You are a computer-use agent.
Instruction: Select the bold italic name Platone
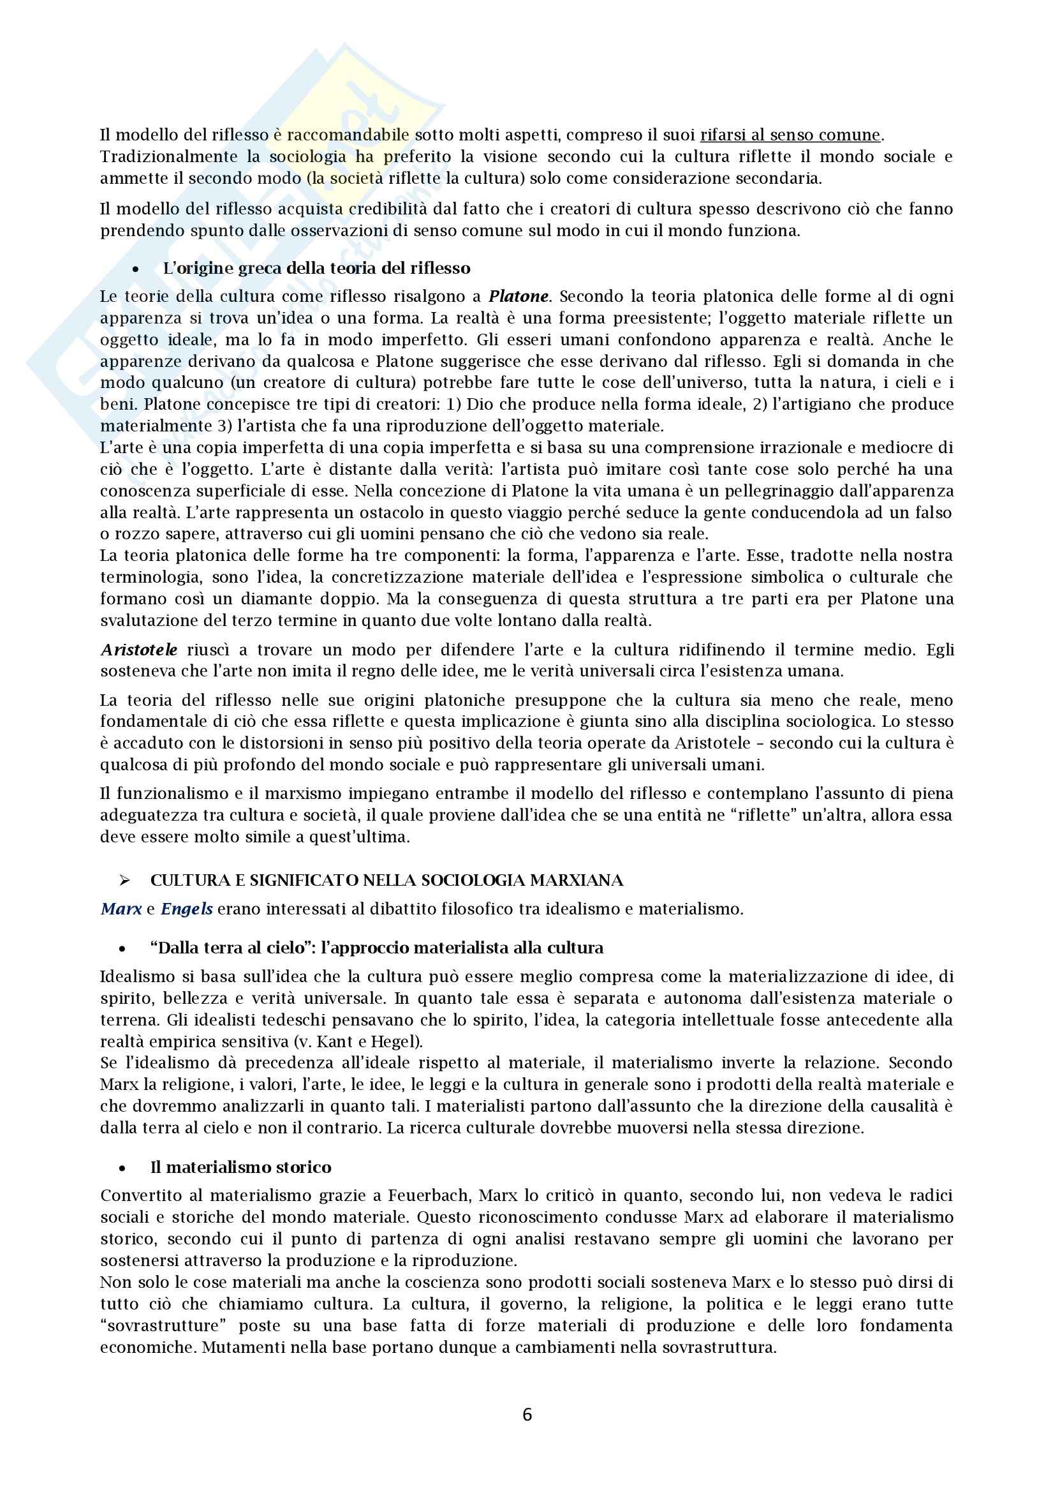pos(519,296)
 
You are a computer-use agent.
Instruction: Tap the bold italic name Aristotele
pos(139,650)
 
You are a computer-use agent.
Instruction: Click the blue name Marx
pos(121,909)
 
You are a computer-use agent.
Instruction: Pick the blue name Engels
pos(186,909)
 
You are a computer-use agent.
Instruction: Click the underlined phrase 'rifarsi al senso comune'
pos(790,135)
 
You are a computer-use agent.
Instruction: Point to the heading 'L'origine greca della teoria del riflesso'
pos(316,269)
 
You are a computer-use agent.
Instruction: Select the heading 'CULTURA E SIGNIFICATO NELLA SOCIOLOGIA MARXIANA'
pos(387,881)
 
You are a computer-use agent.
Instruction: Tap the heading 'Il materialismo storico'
pos(241,1167)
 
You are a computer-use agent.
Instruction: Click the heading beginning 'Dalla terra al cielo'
pos(377,948)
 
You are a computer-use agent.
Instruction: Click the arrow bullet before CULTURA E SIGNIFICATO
pos(125,881)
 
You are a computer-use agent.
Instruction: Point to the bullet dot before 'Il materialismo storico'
pos(122,1168)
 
